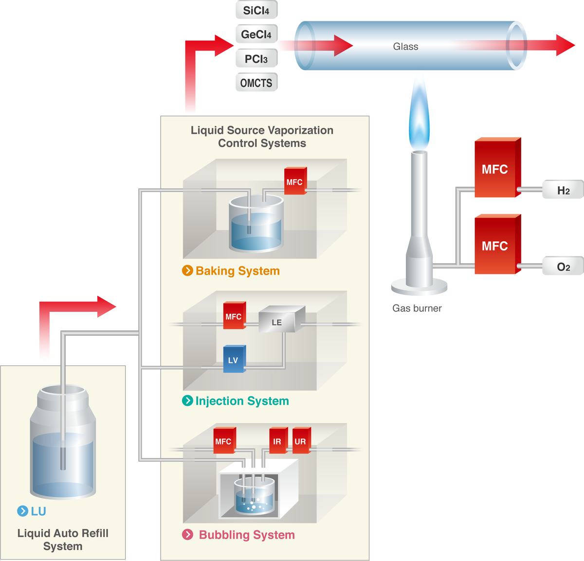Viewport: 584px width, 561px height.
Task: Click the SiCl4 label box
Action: (256, 10)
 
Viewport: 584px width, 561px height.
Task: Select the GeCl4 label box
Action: (256, 35)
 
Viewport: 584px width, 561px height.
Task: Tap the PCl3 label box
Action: (256, 59)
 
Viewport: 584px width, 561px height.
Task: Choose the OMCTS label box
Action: (256, 83)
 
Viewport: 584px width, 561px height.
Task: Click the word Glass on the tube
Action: (405, 47)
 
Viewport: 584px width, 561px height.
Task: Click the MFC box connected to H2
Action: (495, 169)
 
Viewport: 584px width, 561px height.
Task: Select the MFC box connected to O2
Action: (495, 246)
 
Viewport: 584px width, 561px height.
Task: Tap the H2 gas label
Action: (563, 190)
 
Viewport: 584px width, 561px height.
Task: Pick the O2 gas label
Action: (563, 267)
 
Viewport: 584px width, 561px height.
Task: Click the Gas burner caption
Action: (417, 308)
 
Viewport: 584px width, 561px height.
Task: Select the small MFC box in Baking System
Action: (294, 182)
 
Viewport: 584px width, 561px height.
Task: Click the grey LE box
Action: (277, 322)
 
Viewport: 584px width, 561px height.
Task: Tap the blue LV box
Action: (234, 360)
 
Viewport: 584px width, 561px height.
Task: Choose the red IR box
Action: (277, 441)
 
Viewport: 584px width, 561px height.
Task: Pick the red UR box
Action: (300, 441)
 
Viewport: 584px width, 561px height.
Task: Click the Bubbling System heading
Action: (247, 535)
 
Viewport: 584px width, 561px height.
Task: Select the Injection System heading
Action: (242, 401)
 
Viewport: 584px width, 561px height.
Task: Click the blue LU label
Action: (38, 511)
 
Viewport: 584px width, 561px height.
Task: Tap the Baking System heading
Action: (237, 271)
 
